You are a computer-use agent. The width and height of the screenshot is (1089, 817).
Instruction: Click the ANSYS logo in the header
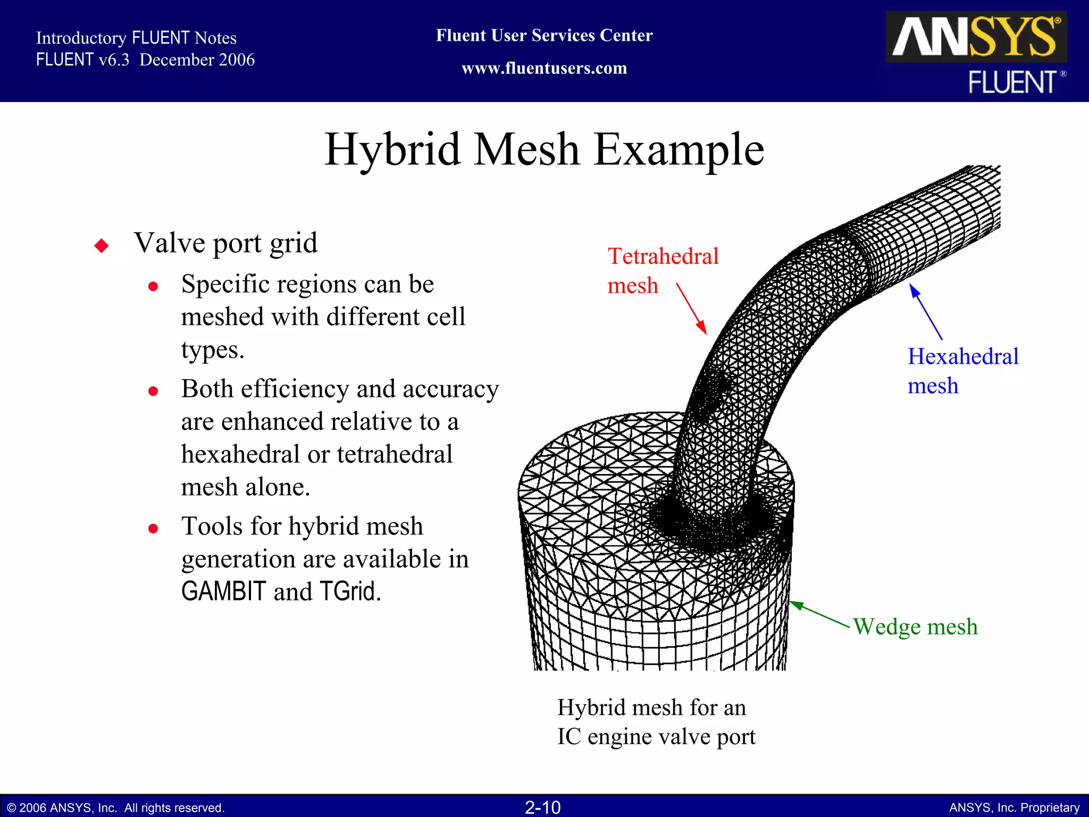click(976, 37)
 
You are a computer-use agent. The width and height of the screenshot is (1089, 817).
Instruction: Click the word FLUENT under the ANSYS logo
click(1011, 82)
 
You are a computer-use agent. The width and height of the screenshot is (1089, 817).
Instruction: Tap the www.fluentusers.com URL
click(544, 69)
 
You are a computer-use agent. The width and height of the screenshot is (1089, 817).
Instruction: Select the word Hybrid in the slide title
click(392, 150)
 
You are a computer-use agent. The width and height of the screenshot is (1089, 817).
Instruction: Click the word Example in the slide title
click(678, 150)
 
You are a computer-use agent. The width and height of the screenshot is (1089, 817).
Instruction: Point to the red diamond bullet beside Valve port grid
click(102, 246)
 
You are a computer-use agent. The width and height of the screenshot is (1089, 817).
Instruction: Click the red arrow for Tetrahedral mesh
click(691, 309)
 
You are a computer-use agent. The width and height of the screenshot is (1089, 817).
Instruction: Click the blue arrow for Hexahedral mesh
click(926, 312)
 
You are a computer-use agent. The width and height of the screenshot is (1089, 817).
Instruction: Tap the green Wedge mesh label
click(915, 627)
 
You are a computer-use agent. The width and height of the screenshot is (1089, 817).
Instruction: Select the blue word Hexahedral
click(962, 356)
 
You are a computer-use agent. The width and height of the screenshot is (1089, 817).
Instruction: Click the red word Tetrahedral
click(663, 256)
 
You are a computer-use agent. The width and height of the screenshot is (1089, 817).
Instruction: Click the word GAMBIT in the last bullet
click(223, 591)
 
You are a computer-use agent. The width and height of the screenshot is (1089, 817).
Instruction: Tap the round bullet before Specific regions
click(153, 287)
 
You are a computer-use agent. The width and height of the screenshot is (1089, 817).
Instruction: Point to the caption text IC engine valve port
click(656, 737)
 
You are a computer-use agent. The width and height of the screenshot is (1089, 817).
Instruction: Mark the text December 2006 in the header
click(197, 60)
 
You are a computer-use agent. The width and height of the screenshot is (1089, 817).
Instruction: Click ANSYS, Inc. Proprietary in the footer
click(1014, 807)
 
